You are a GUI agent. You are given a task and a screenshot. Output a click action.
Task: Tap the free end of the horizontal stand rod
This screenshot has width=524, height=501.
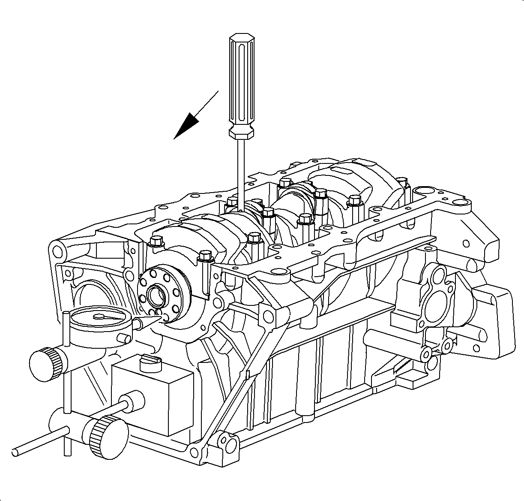tap(17, 452)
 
